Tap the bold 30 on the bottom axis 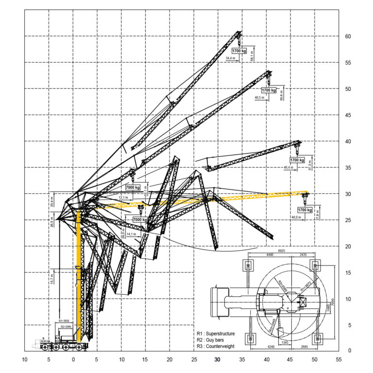[218, 360]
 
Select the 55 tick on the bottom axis [339, 360]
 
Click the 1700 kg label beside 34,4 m [238, 51]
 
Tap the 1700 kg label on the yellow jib [305, 210]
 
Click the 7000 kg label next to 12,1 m [133, 187]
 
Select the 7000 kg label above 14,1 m [140, 220]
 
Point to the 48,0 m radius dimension [297, 218]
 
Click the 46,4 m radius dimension [288, 168]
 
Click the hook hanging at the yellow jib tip [305, 198]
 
